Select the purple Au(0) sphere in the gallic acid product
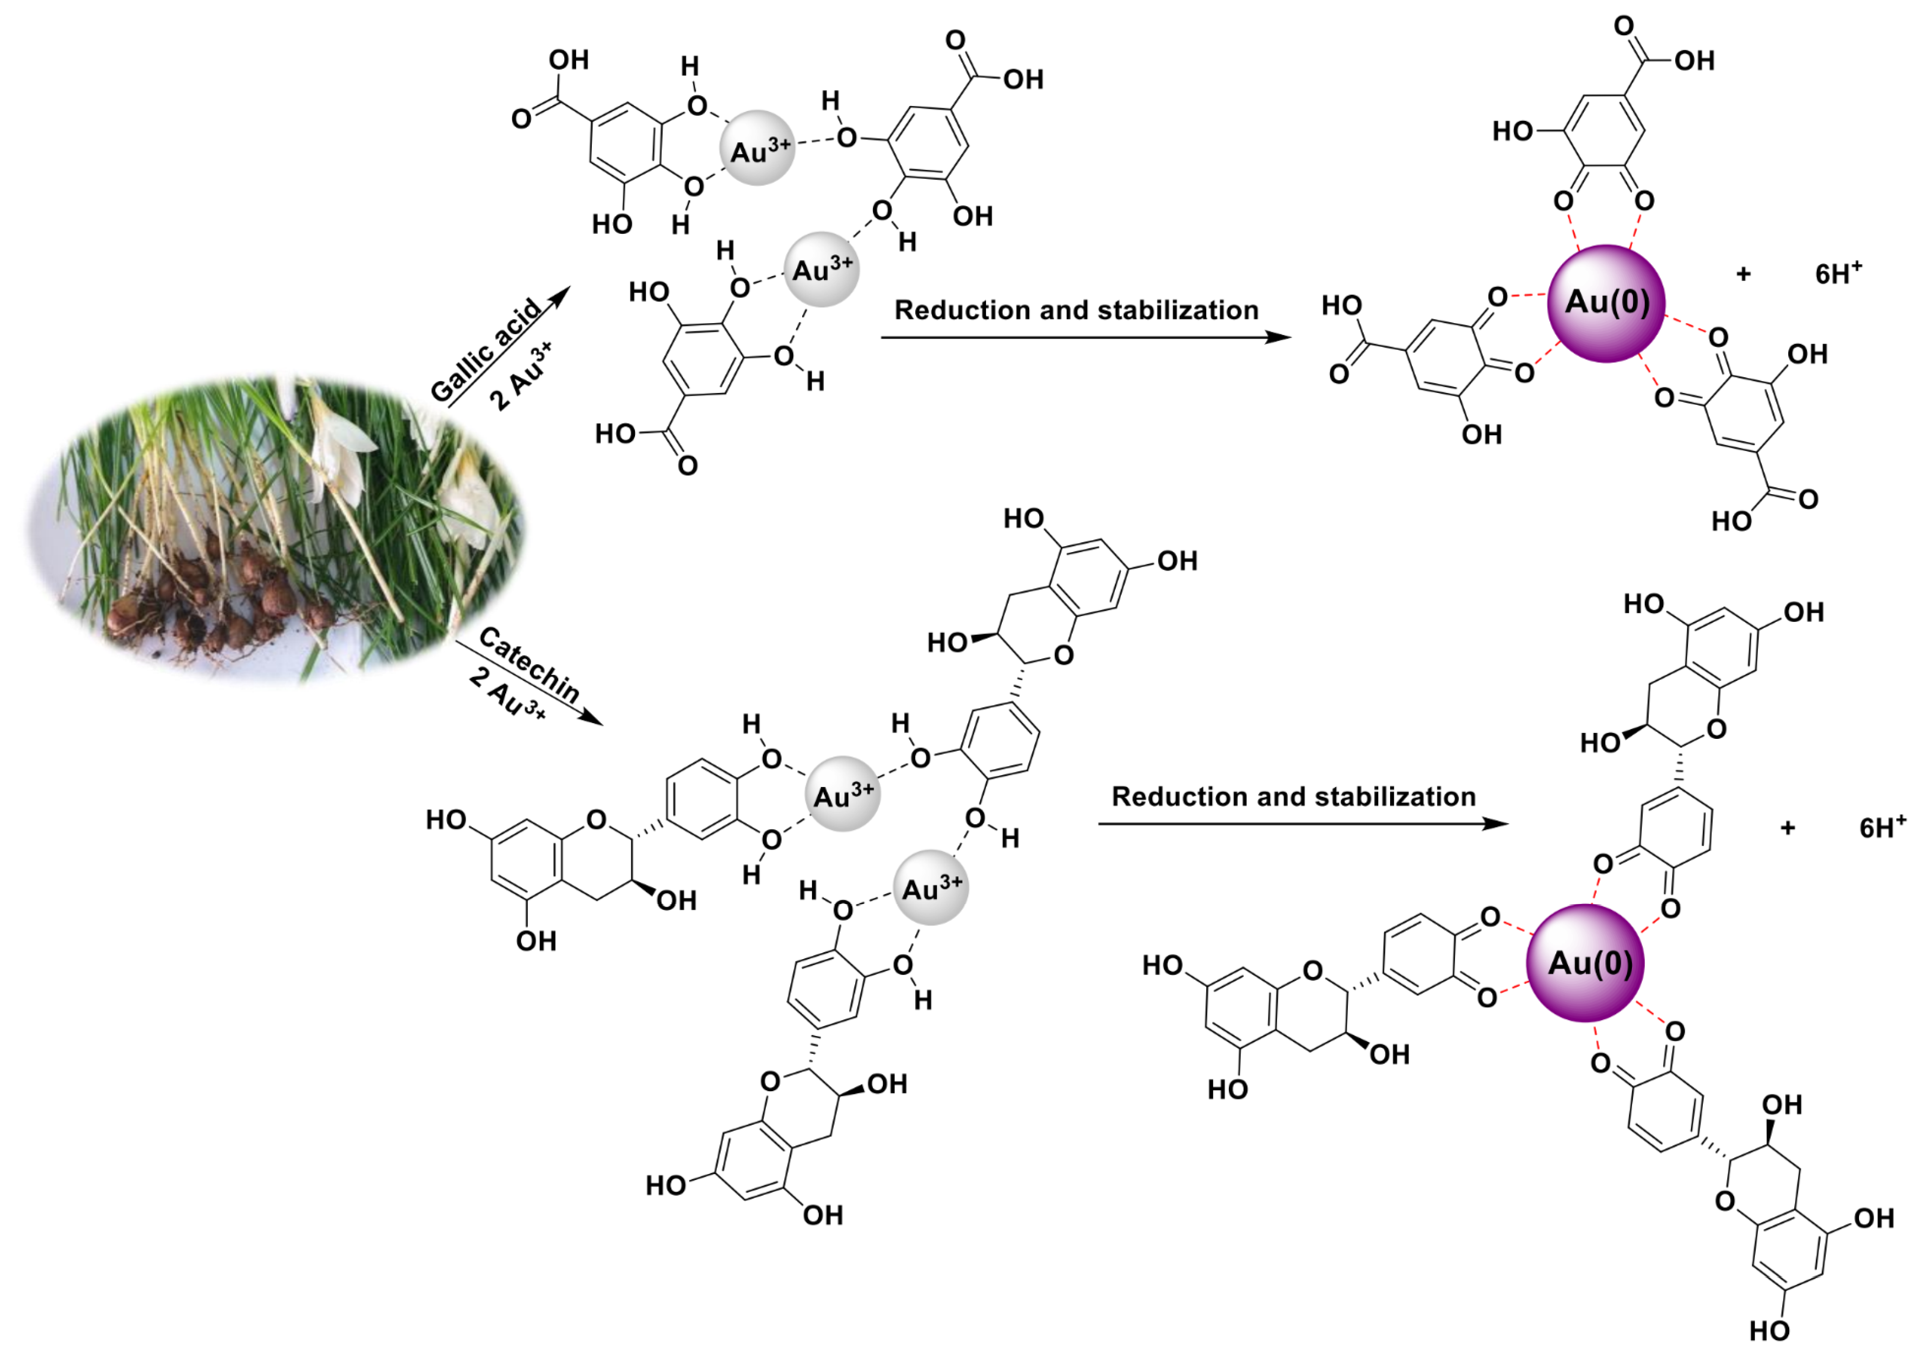[x=1606, y=303]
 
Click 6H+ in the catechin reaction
[x=1882, y=827]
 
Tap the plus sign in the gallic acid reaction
[x=1743, y=274]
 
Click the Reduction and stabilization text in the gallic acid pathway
[x=1076, y=310]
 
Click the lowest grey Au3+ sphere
[x=931, y=887]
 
